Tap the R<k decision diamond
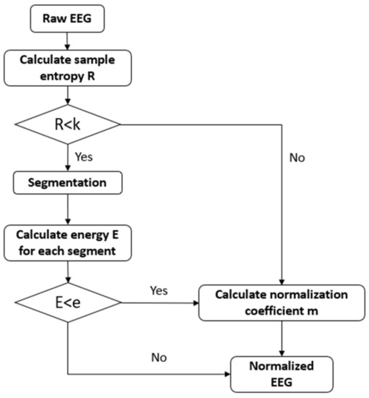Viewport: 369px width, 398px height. [x=66, y=124]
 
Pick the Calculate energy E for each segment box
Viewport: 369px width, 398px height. [x=66, y=242]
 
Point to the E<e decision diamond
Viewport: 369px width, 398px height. [x=66, y=298]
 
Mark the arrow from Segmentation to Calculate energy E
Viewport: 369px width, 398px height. [x=66, y=210]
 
